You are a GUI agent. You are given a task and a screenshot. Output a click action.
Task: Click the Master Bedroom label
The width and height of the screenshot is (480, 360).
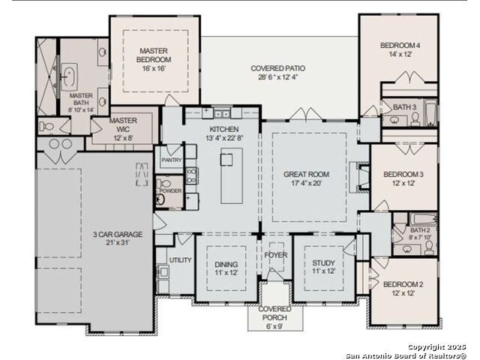click(x=154, y=55)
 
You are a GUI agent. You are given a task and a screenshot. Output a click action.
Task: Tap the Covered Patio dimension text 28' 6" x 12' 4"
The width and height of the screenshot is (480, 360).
click(x=278, y=77)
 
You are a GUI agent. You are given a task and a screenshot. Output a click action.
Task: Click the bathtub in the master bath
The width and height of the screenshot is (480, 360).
click(x=70, y=76)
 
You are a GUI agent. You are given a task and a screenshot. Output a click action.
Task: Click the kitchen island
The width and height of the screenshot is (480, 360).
click(x=232, y=175)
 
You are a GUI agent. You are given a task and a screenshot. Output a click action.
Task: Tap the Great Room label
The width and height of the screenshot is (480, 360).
click(x=307, y=175)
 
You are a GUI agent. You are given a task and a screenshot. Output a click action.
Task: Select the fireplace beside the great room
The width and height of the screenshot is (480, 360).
click(x=360, y=177)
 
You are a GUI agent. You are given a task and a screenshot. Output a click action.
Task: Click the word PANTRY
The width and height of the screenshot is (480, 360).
click(x=172, y=160)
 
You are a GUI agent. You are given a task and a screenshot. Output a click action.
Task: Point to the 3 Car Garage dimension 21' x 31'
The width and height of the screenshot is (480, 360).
click(x=118, y=243)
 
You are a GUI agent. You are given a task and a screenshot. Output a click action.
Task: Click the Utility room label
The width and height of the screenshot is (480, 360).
click(x=180, y=260)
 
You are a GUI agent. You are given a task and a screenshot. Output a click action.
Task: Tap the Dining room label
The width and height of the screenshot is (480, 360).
click(x=226, y=264)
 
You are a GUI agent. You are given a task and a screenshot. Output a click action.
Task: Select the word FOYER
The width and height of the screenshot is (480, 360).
click(x=276, y=255)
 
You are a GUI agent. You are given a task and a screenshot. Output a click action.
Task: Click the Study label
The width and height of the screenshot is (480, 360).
click(x=323, y=263)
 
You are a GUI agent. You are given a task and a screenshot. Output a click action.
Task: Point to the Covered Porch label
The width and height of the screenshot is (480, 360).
click(x=274, y=313)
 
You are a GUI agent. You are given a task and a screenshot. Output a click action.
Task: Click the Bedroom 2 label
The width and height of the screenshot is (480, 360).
click(x=403, y=284)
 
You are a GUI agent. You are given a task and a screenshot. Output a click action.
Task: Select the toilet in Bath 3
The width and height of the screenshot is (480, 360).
click(x=415, y=119)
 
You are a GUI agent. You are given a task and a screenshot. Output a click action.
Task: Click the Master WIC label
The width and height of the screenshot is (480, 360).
click(x=123, y=125)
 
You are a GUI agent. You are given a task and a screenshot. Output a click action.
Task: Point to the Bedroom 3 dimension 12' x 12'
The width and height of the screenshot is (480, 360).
click(x=403, y=183)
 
